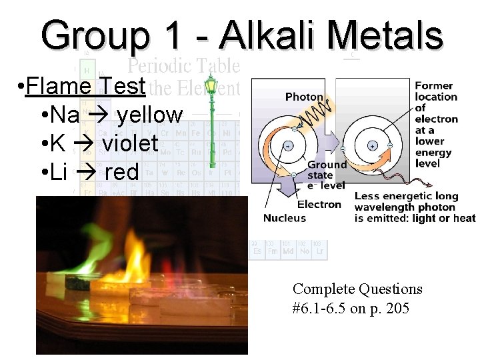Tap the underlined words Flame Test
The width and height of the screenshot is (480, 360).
[85, 86]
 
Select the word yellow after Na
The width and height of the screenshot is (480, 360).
[149, 115]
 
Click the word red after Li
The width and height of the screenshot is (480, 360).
[121, 172]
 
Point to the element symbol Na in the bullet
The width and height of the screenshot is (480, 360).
[64, 115]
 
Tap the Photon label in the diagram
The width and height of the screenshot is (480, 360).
[304, 97]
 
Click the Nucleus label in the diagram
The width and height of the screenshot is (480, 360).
[285, 218]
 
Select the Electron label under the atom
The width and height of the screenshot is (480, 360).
[319, 205]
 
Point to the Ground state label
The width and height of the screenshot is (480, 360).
[327, 170]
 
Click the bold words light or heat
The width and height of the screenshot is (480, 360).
[444, 218]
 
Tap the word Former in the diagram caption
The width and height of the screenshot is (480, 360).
[434, 86]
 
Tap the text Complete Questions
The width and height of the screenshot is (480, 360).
[357, 289]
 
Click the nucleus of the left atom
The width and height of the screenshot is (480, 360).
[288, 145]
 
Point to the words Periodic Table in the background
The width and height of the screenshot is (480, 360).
[183, 66]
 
